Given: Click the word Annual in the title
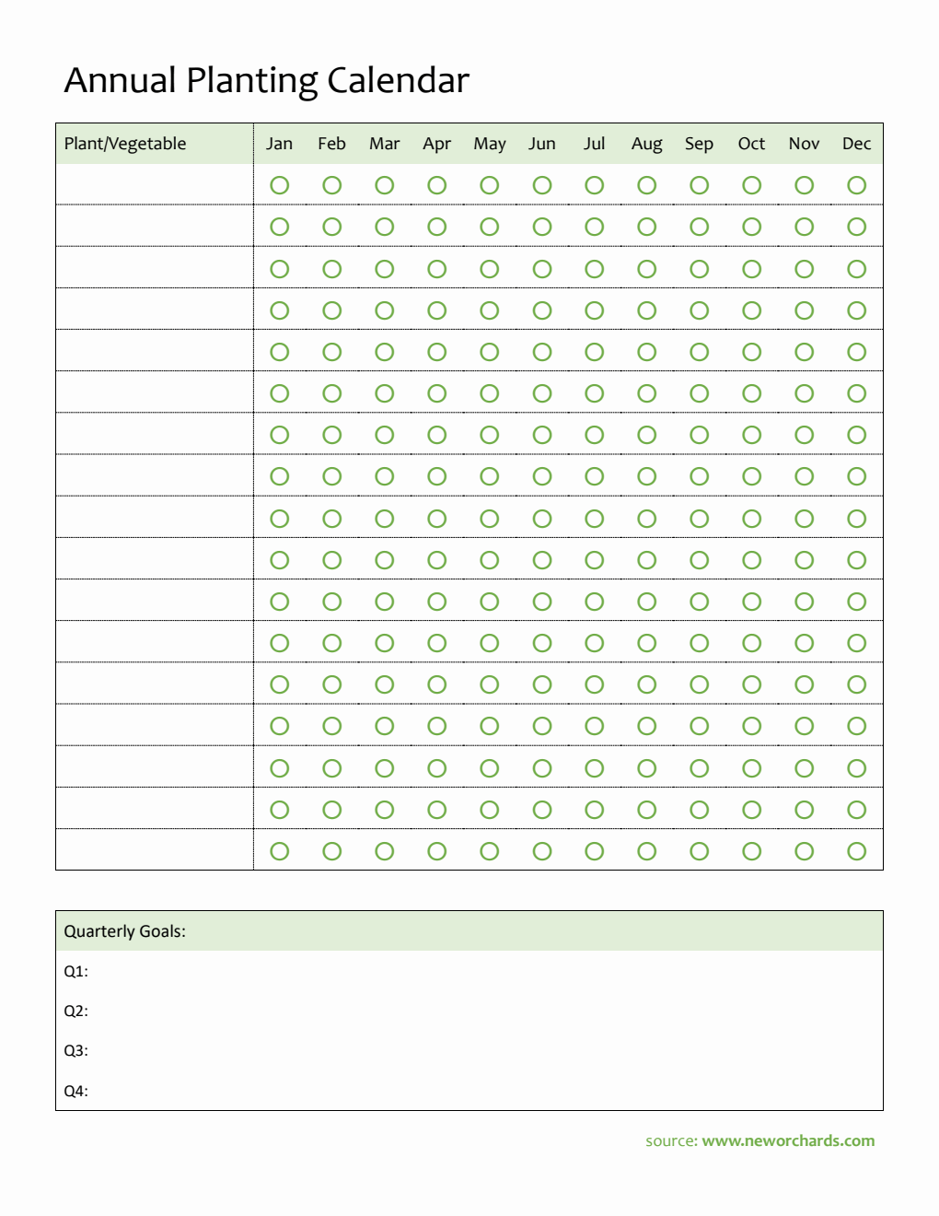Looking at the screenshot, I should (x=120, y=81).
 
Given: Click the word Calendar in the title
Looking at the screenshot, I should (x=398, y=81).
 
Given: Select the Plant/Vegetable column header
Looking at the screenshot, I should (x=125, y=144).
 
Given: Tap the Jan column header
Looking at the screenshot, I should (x=279, y=144).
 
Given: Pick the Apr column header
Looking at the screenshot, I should (x=436, y=144).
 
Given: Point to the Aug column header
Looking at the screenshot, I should (x=646, y=144).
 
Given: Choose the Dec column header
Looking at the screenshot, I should (x=856, y=144).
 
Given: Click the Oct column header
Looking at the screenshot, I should (x=751, y=144).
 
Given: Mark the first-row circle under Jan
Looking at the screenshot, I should (x=280, y=185).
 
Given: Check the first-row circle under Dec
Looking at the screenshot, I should (x=857, y=185).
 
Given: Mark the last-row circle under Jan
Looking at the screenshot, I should (x=280, y=851).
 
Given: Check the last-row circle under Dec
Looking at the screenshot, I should (x=857, y=851).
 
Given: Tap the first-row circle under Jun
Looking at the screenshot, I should (x=542, y=185).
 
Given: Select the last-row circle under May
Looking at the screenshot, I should (x=490, y=851).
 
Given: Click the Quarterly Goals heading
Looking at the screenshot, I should (x=124, y=931).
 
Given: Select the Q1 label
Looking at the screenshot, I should (x=75, y=971).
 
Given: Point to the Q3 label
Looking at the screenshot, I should (x=75, y=1051).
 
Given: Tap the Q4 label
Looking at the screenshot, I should (x=75, y=1092).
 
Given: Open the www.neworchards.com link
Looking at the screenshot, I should (x=788, y=1140).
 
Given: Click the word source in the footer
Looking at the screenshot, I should (x=671, y=1140).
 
